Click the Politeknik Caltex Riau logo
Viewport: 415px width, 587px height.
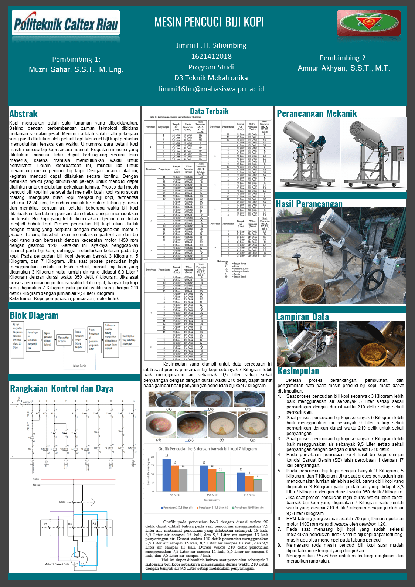tap(66, 23)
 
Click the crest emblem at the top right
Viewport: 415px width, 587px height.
tap(368, 23)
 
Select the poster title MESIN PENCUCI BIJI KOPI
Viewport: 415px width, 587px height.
tap(209, 22)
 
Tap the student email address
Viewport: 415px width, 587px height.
tap(211, 89)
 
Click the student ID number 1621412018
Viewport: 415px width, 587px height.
tap(211, 57)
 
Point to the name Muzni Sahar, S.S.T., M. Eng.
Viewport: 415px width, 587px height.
tap(76, 69)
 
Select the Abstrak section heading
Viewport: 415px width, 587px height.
tap(24, 114)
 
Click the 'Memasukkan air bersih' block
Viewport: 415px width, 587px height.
tap(64, 339)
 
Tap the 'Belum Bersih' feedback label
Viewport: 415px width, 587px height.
tap(79, 366)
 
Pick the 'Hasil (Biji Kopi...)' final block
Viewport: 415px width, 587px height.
tap(130, 339)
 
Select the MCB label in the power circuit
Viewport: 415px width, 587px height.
tap(62, 502)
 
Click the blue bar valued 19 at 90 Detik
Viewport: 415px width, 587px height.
tap(166, 475)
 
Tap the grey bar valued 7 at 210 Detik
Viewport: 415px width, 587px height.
tap(258, 485)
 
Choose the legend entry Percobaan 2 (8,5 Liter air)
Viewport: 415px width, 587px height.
tap(213, 508)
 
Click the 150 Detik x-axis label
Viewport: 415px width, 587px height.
tap(212, 495)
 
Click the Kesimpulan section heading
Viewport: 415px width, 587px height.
tap(298, 371)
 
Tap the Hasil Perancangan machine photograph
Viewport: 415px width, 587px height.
tap(340, 256)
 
